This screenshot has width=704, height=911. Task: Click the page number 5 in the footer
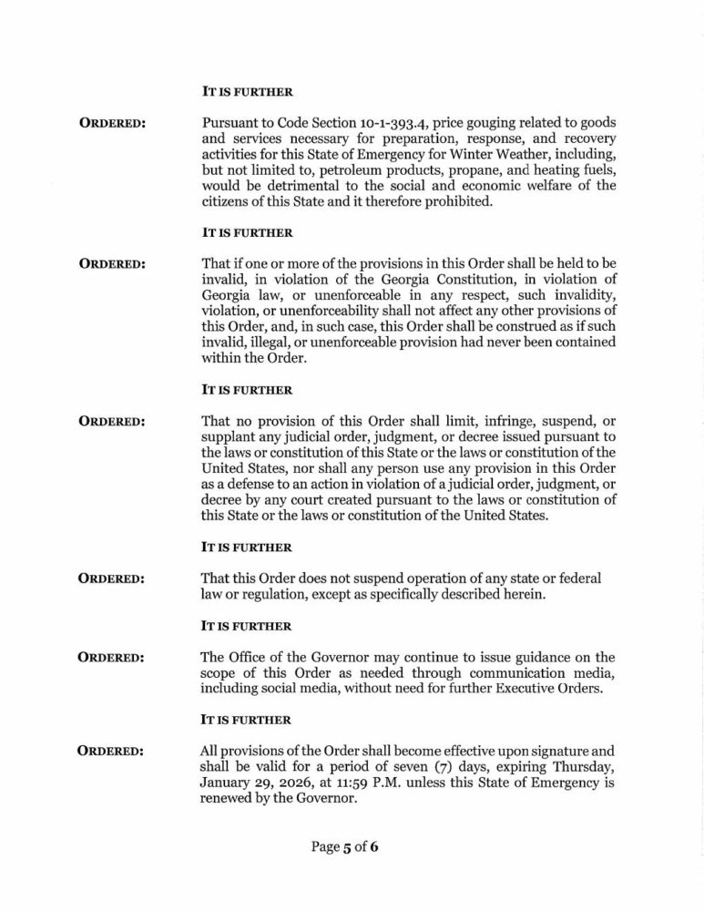coord(347,846)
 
